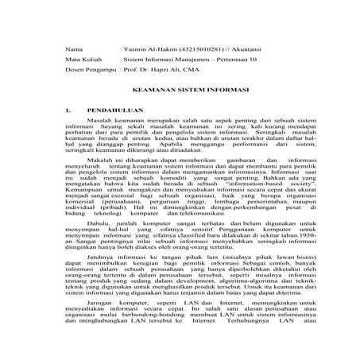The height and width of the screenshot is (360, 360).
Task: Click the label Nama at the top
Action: (x=74, y=49)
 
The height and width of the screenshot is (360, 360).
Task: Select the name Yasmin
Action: (x=135, y=49)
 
